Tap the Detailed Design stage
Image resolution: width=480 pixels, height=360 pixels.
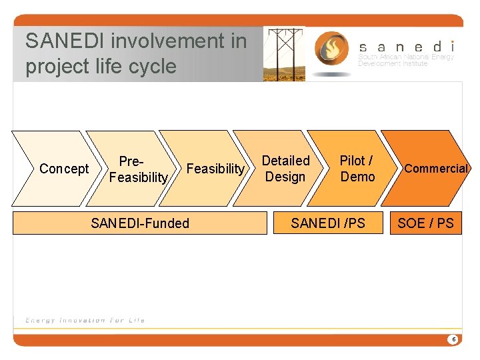point(285,169)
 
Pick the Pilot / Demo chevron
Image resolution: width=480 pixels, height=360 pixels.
point(357,169)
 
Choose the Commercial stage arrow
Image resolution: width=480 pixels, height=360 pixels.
point(433,169)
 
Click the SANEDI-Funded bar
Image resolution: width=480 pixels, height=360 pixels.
point(139,223)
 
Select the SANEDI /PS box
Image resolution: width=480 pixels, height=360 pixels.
point(328,223)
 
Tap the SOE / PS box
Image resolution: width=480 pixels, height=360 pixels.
point(425,223)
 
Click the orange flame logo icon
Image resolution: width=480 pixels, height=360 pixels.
point(330,50)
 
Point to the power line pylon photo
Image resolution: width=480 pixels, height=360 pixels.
point(284,54)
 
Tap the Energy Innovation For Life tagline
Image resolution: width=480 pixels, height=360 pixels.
point(85,320)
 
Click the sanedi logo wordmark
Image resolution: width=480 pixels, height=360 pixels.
point(407,47)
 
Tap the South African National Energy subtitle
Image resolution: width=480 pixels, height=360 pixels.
point(406,57)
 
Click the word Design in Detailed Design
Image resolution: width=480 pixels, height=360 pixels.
point(285,177)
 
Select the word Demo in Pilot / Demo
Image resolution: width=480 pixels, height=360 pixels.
point(357,177)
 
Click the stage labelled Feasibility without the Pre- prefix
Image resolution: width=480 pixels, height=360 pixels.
point(215,169)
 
